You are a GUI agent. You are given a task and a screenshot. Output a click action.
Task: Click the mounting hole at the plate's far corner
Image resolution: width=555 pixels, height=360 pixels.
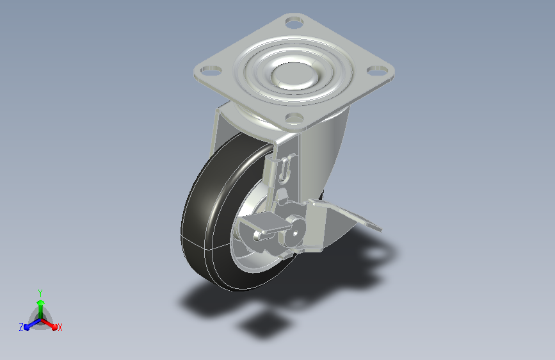coord(294,24)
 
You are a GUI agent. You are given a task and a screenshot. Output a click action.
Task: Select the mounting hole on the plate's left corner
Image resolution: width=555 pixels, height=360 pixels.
coord(211,70)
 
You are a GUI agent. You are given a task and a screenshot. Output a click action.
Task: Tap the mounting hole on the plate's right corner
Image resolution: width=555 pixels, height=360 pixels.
coord(376,70)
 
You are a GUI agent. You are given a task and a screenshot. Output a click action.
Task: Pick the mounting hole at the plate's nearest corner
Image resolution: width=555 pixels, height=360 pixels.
coord(294,118)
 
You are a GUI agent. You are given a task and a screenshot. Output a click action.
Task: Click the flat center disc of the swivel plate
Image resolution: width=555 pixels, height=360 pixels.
coord(294,75)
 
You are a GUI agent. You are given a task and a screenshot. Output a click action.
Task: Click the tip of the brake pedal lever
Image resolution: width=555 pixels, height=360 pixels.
coord(380,229)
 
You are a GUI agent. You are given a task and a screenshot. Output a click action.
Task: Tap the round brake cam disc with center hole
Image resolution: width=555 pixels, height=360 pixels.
coord(295,233)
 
